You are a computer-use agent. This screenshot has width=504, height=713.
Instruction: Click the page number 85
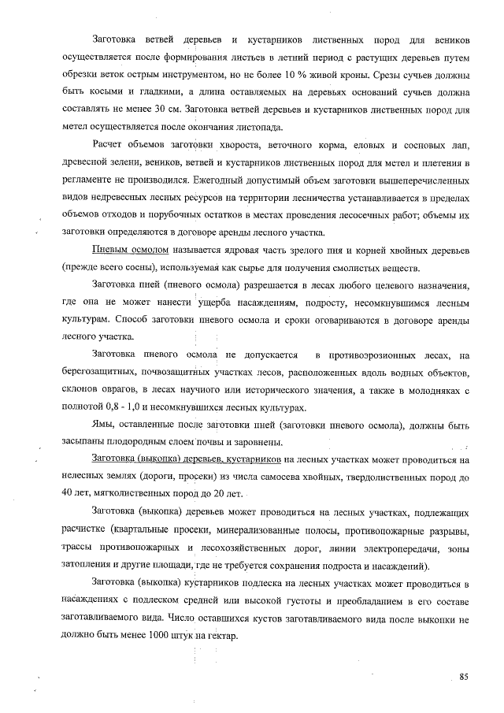click(464, 677)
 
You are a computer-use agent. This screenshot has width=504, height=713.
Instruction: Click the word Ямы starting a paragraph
click(104, 426)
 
